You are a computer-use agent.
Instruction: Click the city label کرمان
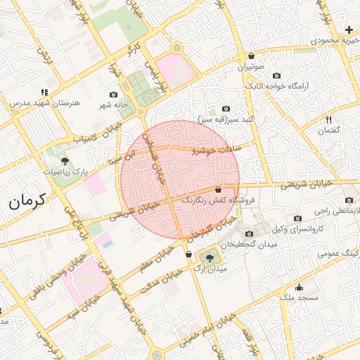pos(27,201)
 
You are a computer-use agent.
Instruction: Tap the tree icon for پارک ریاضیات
pos(65,160)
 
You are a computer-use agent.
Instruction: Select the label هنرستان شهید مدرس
pos(42,103)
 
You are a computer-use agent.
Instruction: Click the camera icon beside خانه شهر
pos(114,94)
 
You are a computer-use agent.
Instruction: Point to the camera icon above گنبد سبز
pos(226,109)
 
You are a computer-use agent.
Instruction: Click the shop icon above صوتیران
pos(251,56)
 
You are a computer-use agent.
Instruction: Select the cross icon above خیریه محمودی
pos(349,30)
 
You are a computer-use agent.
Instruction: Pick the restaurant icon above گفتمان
pos(328,120)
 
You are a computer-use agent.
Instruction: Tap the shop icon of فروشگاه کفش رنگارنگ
pos(218,190)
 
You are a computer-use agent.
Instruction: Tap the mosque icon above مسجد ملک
pos(299,287)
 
